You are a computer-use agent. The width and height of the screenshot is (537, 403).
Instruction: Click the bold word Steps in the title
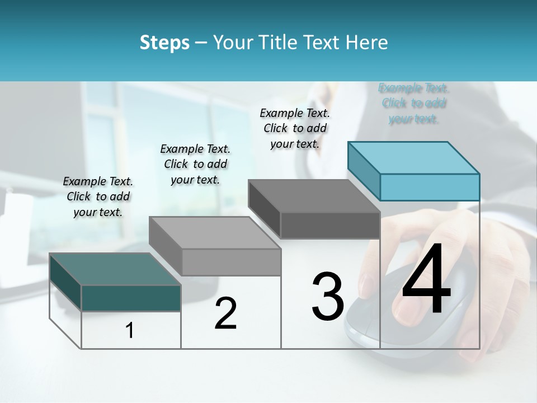pyautogui.click(x=164, y=43)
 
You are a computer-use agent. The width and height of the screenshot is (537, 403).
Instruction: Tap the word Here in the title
pyautogui.click(x=366, y=43)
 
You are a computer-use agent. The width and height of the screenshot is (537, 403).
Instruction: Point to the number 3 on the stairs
pyautogui.click(x=328, y=296)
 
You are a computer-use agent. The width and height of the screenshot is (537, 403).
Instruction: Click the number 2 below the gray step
pyautogui.click(x=225, y=313)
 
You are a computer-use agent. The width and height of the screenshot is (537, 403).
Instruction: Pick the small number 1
pyautogui.click(x=130, y=330)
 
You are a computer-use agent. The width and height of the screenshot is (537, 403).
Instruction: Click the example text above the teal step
pyautogui.click(x=98, y=196)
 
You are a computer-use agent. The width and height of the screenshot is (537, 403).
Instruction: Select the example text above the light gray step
pyautogui.click(x=195, y=164)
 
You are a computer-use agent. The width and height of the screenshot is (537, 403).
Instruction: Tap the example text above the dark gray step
pyautogui.click(x=295, y=128)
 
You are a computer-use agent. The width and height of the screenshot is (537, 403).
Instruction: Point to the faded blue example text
pyautogui.click(x=413, y=103)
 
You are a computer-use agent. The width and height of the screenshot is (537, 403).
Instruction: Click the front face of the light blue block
pyautogui.click(x=430, y=187)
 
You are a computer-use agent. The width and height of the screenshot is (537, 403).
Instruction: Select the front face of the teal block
pyautogui.click(x=131, y=298)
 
